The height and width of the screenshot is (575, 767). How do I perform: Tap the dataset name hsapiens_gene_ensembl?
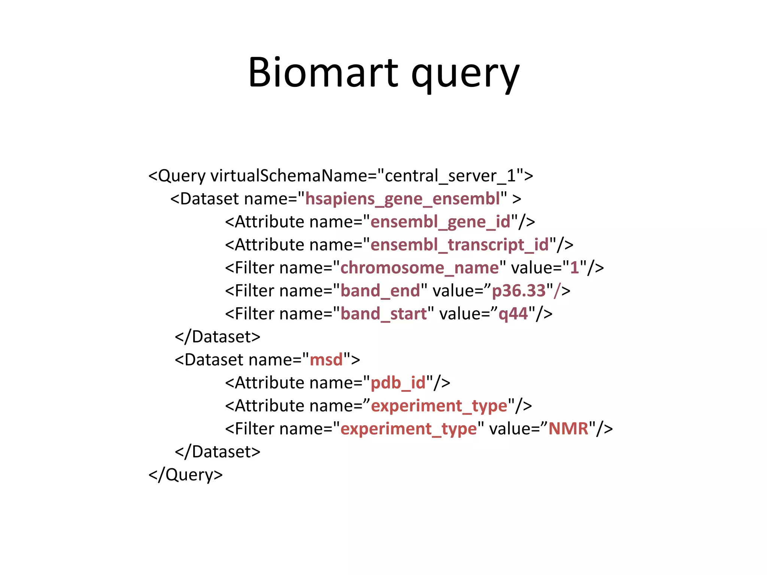tap(403, 199)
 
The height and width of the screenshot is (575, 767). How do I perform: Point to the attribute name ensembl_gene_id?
tap(440, 222)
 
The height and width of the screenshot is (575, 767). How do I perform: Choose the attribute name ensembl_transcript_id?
tap(460, 245)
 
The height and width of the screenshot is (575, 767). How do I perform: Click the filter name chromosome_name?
tap(419, 268)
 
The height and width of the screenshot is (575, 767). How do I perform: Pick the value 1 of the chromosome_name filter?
tap(575, 268)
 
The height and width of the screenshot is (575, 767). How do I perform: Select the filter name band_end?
tap(380, 291)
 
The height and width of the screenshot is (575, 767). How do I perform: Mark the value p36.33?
tap(519, 291)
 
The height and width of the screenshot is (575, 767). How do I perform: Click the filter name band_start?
tap(383, 314)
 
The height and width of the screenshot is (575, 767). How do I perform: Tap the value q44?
tap(513, 314)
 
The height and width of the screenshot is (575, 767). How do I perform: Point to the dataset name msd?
tap(326, 360)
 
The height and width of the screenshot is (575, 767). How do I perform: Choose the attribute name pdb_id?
tap(398, 383)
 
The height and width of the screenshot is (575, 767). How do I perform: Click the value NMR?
tap(569, 429)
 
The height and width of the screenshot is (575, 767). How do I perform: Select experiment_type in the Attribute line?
tap(439, 406)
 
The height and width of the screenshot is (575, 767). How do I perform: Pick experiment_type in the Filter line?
tap(409, 429)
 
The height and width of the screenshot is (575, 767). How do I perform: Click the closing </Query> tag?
tap(186, 475)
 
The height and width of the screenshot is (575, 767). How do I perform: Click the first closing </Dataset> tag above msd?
tap(218, 337)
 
